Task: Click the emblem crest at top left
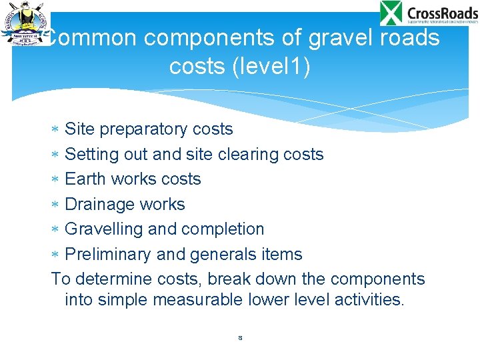click(x=25, y=23)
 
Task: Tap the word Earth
click(x=86, y=179)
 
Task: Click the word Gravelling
click(x=104, y=229)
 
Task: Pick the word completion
click(x=222, y=229)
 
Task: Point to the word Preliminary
click(x=107, y=254)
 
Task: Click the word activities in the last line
click(x=362, y=299)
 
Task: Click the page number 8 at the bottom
click(x=240, y=338)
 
